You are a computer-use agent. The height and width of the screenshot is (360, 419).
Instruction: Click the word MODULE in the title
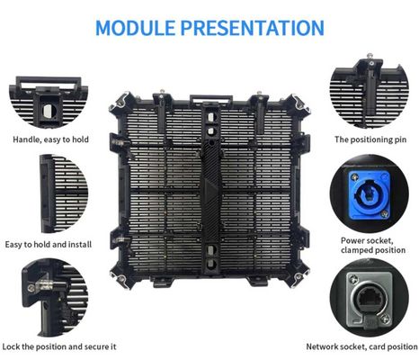pyautogui.click(x=135, y=28)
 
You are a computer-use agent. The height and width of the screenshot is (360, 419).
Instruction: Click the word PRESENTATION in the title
pyautogui.click(x=252, y=28)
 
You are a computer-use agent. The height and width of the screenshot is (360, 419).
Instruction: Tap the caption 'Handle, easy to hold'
pyautogui.click(x=50, y=139)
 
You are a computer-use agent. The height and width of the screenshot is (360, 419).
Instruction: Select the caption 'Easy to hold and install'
pyautogui.click(x=49, y=245)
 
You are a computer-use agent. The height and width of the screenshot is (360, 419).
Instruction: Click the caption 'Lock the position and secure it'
pyautogui.click(x=59, y=346)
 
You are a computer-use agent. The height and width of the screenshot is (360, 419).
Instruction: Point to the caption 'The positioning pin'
pyautogui.click(x=370, y=139)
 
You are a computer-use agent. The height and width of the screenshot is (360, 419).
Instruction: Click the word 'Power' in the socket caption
pyautogui.click(x=353, y=240)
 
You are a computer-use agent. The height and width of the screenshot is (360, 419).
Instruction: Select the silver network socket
pyautogui.click(x=369, y=300)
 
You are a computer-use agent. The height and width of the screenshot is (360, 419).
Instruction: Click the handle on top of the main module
pyautogui.click(x=211, y=98)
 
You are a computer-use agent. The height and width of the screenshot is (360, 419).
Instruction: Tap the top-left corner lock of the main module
pyautogui.click(x=120, y=103)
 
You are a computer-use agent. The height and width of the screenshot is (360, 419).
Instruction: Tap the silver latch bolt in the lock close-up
pyautogui.click(x=45, y=284)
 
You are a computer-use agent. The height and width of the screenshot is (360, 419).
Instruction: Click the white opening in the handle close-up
pyautogui.click(x=48, y=112)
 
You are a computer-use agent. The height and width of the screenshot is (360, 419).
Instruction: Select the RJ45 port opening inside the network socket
pyautogui.click(x=370, y=298)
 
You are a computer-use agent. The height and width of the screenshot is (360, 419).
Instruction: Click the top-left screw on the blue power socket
pyautogui.click(x=355, y=177)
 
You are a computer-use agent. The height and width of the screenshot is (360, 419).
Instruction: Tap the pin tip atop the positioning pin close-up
pyautogui.click(x=370, y=55)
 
